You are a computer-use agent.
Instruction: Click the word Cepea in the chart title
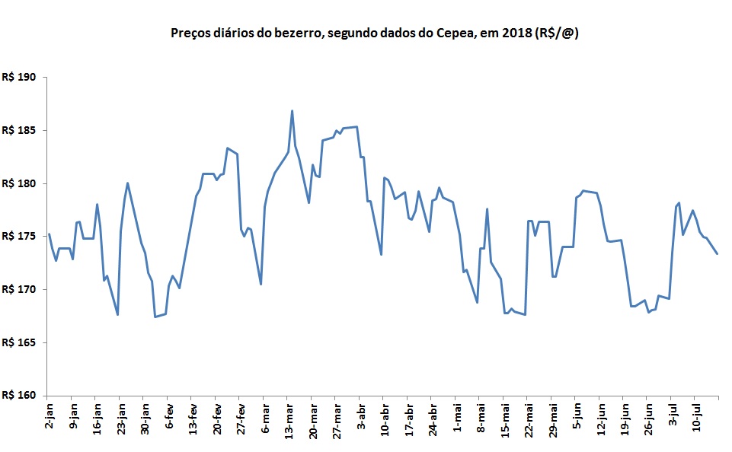(x=456, y=33)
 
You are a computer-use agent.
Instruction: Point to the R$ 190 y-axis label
(x=21, y=78)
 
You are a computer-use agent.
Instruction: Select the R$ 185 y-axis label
(x=21, y=131)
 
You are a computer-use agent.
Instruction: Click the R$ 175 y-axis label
(x=21, y=237)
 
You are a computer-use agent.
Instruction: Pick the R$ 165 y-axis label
(x=21, y=343)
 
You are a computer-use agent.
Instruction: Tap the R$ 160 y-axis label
(x=21, y=396)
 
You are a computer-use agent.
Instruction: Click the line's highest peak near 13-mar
(x=292, y=111)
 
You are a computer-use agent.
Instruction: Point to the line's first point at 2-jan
(x=48, y=234)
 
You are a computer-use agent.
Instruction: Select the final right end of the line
(x=717, y=253)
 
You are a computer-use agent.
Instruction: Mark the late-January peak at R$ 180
(x=127, y=183)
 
